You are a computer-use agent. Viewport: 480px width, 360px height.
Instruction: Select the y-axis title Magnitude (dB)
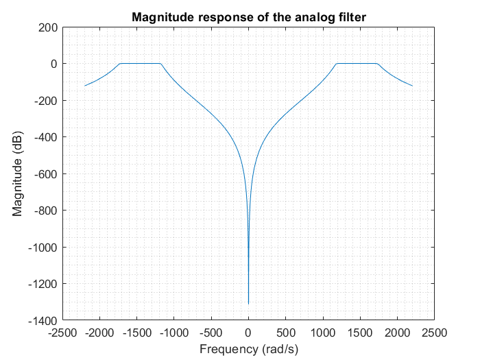19,173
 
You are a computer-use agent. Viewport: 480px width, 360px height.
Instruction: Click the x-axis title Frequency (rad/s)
248,349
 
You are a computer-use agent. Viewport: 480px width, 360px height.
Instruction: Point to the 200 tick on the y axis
48,27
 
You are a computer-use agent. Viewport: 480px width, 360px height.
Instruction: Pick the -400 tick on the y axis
45,137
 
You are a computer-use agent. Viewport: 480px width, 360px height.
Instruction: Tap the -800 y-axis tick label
45,211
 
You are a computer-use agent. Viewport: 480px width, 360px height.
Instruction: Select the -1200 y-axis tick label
43,283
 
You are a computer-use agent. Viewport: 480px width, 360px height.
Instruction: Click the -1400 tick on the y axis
43,320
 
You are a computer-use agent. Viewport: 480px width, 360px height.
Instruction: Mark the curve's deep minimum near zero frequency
248,303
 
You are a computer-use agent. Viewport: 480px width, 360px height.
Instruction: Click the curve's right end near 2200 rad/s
412,86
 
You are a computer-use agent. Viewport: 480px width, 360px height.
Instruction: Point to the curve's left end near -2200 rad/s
84,86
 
